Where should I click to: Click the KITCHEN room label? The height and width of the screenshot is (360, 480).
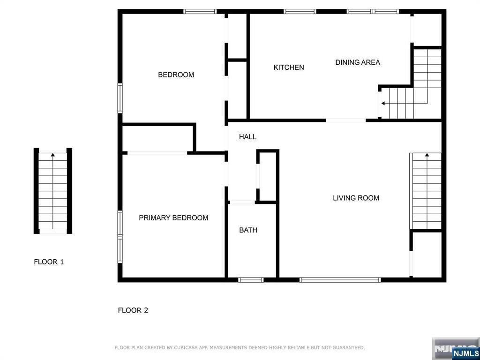pyautogui.click(x=289, y=67)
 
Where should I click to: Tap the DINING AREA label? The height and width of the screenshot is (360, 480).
pyautogui.click(x=358, y=62)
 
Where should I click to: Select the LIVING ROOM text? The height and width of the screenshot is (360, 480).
pyautogui.click(x=356, y=198)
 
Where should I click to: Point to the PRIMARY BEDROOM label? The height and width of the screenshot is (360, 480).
pyautogui.click(x=173, y=217)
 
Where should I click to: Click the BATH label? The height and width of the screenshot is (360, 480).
pyautogui.click(x=248, y=230)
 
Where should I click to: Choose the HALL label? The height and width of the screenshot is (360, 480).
pyautogui.click(x=247, y=137)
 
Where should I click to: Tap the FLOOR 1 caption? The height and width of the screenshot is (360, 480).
pyautogui.click(x=49, y=262)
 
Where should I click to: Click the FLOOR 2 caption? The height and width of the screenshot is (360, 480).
pyautogui.click(x=133, y=310)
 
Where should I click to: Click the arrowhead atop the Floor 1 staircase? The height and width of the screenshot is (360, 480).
pyautogui.click(x=53, y=155)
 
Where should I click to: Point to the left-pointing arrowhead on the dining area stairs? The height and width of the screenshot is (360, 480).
pyautogui.click(x=383, y=104)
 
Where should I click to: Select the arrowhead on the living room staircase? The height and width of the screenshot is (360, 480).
pyautogui.click(x=427, y=155)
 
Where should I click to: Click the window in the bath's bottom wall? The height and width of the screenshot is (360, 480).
pyautogui.click(x=251, y=280)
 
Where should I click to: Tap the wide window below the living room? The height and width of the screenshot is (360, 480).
pyautogui.click(x=340, y=280)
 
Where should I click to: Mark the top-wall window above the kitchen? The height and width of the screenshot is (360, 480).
pyautogui.click(x=300, y=12)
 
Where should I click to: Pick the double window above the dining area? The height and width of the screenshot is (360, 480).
pyautogui.click(x=373, y=12)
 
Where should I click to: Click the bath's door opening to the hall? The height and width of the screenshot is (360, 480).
pyautogui.click(x=242, y=202)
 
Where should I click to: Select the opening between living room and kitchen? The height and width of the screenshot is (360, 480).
pyautogui.click(x=345, y=120)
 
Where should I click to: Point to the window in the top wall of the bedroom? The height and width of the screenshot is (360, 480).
pyautogui.click(x=200, y=12)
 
